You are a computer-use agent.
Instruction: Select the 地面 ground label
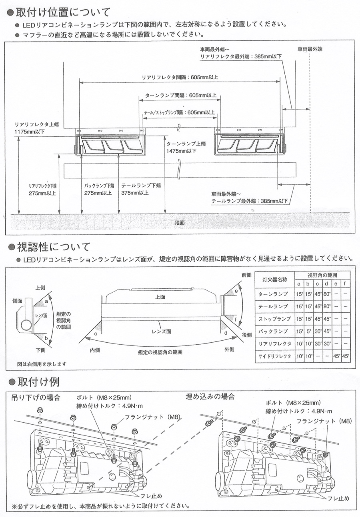180,223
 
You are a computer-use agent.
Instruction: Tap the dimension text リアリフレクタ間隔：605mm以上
180,77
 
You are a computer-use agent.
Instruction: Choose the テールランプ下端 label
141,186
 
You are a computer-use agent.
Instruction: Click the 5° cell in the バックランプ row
308,331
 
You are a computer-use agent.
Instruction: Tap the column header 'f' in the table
345,283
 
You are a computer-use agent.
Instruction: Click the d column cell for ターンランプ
327,295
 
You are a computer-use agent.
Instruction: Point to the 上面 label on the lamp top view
160,297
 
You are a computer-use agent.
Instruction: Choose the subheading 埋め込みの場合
210,397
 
